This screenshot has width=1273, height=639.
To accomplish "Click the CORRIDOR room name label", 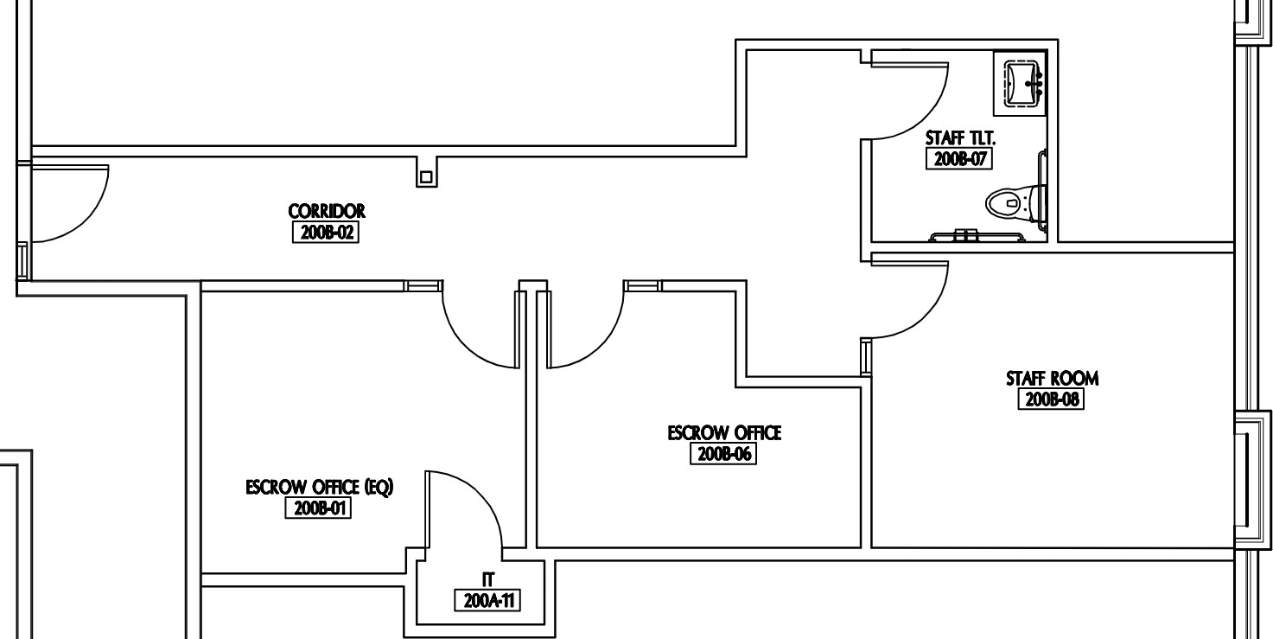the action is (327, 211).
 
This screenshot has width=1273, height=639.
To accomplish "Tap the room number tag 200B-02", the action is (326, 232).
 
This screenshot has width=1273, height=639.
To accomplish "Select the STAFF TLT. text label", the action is (960, 138).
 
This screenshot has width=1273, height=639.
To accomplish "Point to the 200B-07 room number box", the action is (959, 158).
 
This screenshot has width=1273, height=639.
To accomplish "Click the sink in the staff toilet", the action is (1022, 84).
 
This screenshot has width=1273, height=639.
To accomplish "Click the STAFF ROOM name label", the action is (1052, 379).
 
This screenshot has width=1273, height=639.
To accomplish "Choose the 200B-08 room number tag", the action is (1052, 399).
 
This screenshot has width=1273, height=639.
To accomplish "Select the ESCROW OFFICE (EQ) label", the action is (320, 487).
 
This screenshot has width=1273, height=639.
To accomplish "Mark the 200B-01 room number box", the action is (318, 508).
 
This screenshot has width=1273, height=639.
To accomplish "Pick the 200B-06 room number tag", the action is (723, 454).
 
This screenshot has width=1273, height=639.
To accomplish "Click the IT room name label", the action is (488, 580).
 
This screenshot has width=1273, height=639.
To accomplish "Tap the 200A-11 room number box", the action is (487, 600).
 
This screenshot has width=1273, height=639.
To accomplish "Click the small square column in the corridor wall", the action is (426, 177).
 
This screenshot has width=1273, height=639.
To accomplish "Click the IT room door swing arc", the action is (481, 494).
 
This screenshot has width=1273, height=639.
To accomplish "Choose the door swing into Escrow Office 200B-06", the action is (601, 346).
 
